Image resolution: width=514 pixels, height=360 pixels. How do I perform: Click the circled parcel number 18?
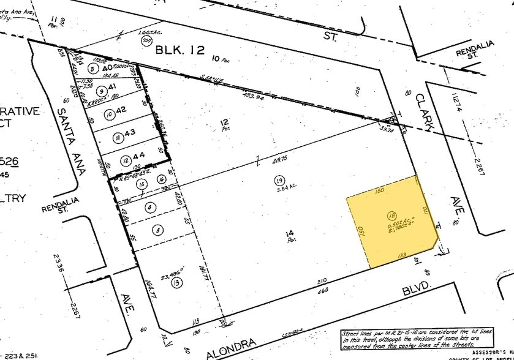(391, 215)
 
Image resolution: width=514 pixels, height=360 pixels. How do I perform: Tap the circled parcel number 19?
(279, 181)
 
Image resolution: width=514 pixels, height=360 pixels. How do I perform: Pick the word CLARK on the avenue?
(424, 111)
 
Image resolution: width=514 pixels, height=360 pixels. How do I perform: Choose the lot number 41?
(111, 88)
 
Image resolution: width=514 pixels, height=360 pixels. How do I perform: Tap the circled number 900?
(146, 41)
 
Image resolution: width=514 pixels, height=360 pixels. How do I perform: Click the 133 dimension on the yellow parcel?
(403, 254)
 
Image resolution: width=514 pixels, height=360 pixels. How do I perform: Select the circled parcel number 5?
(159, 230)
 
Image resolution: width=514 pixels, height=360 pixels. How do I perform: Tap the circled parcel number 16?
(161, 179)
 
